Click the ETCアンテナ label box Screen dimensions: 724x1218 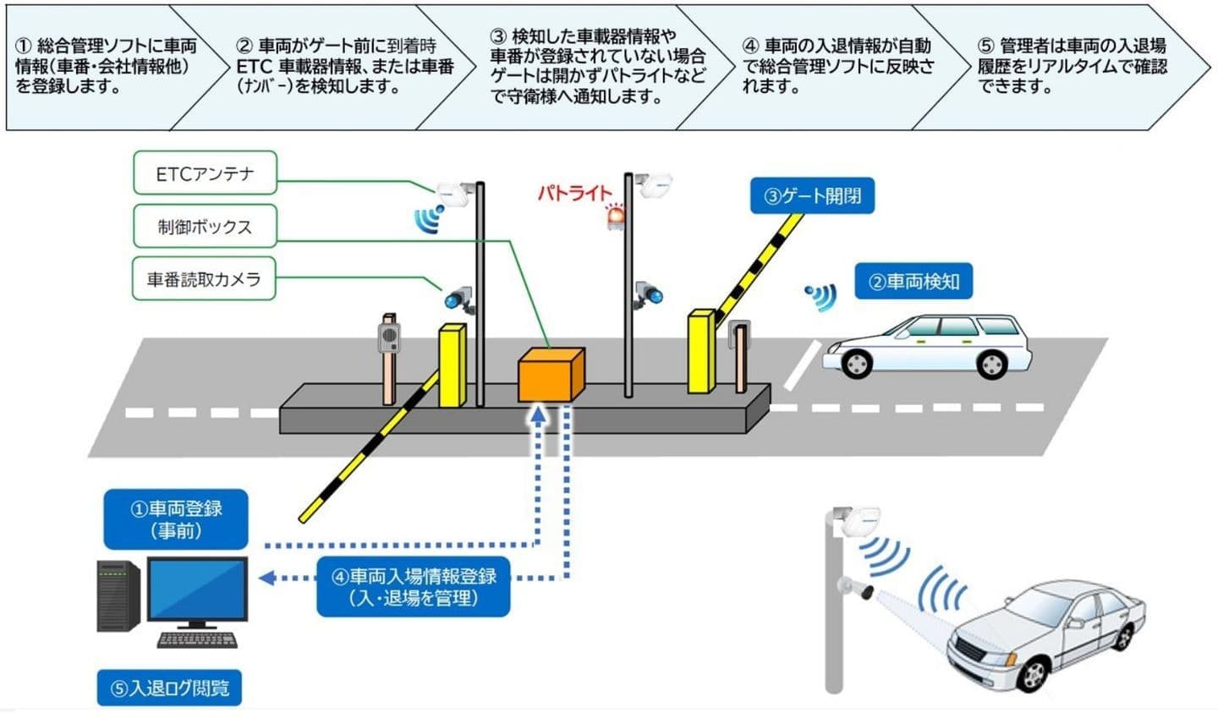[x=205, y=173]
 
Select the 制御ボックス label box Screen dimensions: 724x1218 [x=205, y=227]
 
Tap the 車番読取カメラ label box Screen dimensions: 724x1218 [x=205, y=279]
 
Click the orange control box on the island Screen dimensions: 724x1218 [x=550, y=374]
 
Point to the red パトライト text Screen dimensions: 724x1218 [x=574, y=193]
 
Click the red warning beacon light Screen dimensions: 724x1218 [x=615, y=217]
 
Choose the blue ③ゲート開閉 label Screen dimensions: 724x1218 [x=812, y=196]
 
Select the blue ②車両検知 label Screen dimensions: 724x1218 [x=913, y=282]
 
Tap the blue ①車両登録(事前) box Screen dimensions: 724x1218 [x=176, y=519]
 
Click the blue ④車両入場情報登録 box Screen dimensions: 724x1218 [x=414, y=586]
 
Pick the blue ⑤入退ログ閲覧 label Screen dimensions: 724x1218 [x=170, y=688]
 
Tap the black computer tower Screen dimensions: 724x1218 [x=118, y=596]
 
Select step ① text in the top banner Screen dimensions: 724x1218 [x=101, y=66]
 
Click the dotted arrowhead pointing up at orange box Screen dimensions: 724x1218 [x=537, y=414]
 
